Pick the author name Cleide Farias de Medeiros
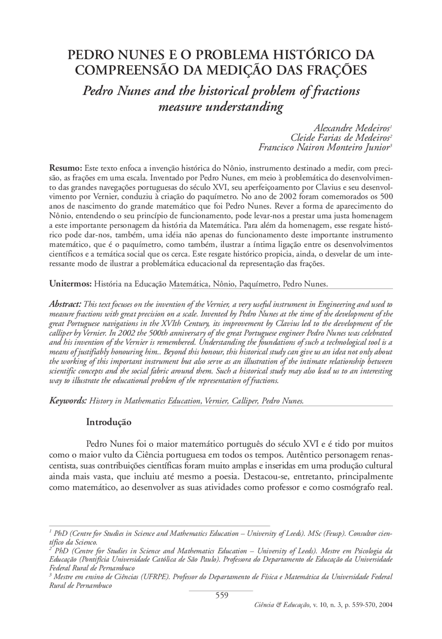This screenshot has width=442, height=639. pos(340,138)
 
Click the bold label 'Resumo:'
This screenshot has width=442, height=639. pos(65,168)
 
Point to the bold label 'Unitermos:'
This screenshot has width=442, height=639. pos(70,284)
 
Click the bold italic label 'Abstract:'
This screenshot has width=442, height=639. pos(65,304)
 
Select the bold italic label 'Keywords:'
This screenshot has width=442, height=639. pos(68,401)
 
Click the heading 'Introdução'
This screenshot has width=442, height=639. pos(108,422)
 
